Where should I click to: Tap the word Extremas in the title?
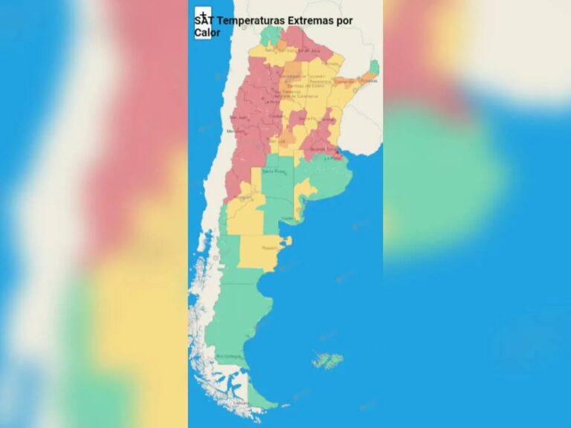click(x=305, y=21)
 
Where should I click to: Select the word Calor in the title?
click(x=207, y=33)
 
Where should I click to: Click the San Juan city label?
click(x=238, y=117)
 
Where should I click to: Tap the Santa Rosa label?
click(x=274, y=171)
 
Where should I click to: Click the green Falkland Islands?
click(x=327, y=361)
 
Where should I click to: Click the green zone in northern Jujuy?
click(x=271, y=36)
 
